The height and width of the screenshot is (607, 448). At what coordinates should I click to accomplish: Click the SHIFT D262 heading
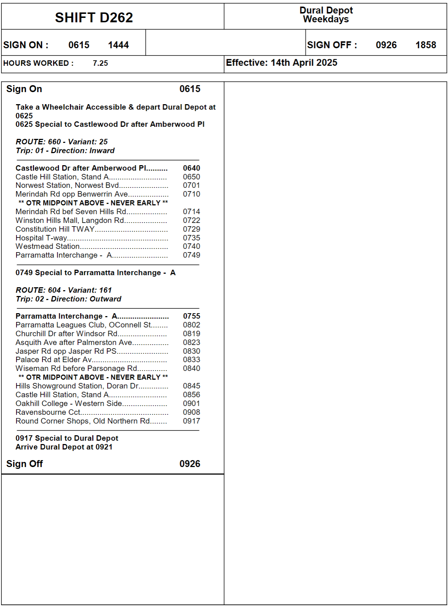coord(94,18)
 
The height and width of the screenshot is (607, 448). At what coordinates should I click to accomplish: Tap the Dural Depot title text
coord(326,11)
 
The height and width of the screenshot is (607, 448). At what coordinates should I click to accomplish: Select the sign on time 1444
coord(118,45)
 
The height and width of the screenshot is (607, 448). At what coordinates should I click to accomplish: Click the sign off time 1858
coord(425,45)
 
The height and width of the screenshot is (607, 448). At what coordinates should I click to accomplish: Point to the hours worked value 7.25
coord(100,63)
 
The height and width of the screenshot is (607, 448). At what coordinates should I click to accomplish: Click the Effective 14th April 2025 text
coord(281,63)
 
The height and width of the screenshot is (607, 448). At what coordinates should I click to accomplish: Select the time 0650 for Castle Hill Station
coord(191,177)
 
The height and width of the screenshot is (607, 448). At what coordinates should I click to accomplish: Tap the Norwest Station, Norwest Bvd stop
coord(67,186)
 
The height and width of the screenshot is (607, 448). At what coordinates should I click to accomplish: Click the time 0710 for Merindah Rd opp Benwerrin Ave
coord(191,194)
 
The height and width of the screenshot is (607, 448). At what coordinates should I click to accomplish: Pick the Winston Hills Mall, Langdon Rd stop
coord(70,220)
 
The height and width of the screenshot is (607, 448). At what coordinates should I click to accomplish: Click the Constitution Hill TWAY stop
coord(55,229)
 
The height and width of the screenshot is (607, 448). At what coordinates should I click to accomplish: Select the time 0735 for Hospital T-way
coord(191,238)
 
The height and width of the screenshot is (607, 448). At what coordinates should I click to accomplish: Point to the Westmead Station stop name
coord(48,247)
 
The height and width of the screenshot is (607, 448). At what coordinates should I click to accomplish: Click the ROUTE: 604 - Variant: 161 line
coord(64,290)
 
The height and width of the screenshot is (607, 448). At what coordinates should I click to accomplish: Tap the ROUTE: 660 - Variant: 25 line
coord(61,142)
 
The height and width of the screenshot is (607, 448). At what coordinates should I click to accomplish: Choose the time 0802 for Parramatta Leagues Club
coord(191,325)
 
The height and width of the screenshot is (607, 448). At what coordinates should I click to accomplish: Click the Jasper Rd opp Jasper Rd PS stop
coord(66,351)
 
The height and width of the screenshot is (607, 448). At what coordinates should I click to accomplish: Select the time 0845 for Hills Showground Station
coord(191,386)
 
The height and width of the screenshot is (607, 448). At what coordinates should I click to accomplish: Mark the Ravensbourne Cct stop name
coord(48,412)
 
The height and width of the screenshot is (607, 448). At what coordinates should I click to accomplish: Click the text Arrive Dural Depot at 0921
coord(64,447)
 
